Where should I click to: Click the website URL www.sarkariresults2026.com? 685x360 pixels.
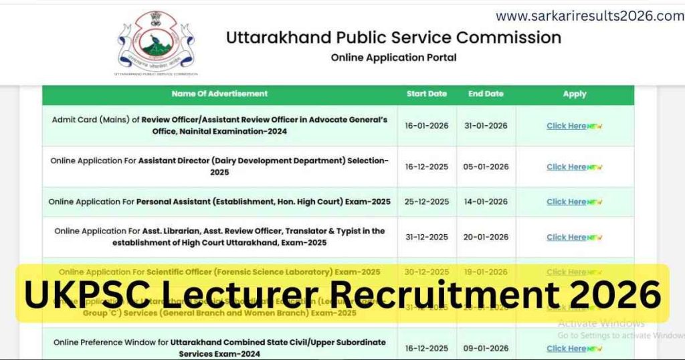pos(589,16)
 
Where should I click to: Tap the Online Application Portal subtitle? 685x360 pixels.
pos(393,58)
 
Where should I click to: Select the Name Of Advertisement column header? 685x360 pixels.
pos(219,94)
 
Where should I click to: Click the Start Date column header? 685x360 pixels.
pos(426,94)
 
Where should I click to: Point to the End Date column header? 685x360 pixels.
pos(486,94)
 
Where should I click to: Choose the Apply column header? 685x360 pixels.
pos(574,94)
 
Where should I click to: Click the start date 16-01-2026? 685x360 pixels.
pos(427,126)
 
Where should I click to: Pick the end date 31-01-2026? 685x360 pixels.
pos(486,126)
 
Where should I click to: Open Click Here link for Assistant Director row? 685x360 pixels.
pos(567,167)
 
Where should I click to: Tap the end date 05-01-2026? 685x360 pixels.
pos(486,167)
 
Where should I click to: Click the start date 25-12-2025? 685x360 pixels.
pos(427,201)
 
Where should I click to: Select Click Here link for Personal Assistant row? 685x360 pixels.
pos(567,201)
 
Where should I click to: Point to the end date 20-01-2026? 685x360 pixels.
pos(486,237)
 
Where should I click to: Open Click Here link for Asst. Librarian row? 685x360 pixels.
pos(567,237)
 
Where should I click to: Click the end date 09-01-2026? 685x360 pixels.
pos(486,348)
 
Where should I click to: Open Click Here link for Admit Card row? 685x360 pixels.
pos(567,126)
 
